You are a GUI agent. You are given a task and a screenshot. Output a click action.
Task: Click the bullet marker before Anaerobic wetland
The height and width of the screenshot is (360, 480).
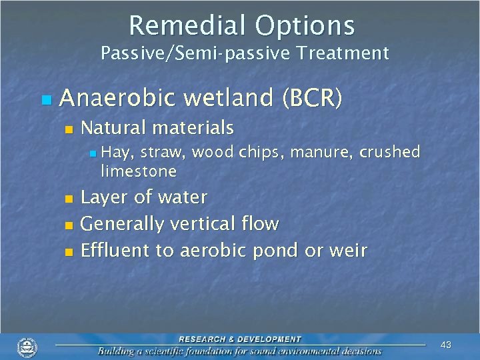click(45, 100)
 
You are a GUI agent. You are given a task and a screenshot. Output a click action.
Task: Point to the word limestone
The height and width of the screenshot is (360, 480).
click(138, 171)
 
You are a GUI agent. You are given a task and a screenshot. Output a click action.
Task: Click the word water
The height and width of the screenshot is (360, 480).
click(183, 197)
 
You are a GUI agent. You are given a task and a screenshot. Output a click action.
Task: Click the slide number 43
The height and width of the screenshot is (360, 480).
click(446, 345)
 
